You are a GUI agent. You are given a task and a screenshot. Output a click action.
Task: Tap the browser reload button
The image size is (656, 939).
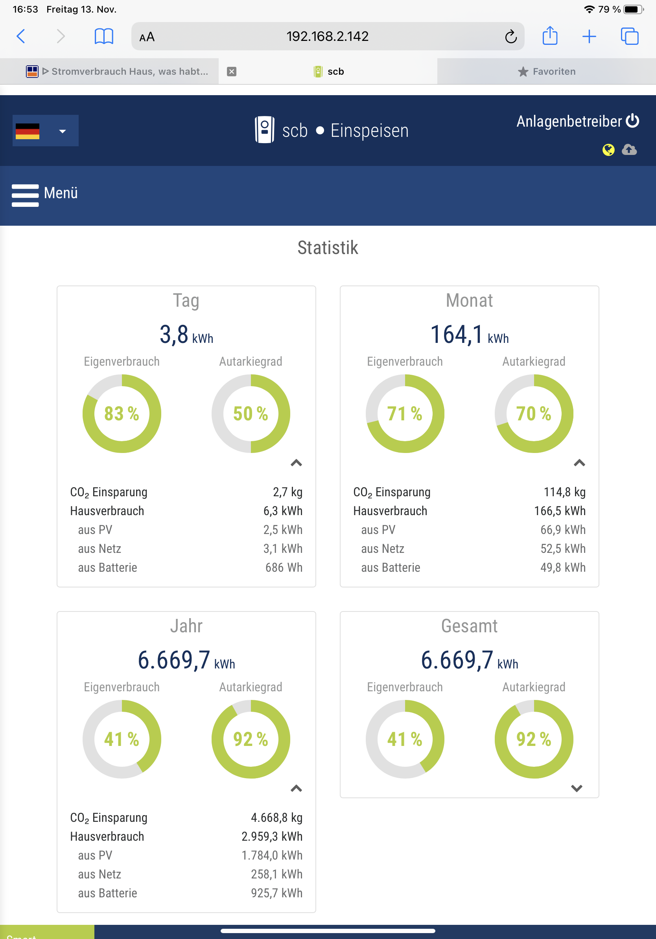510,37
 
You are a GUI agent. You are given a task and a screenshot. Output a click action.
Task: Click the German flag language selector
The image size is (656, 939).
45,131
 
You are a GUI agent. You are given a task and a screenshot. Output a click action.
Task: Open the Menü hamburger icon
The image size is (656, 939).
25,195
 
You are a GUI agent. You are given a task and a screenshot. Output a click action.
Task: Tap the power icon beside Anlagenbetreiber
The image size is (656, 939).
633,121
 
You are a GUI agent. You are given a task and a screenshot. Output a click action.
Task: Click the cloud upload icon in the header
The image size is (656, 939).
629,150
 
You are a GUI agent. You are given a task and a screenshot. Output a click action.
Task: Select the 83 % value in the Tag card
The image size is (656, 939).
122,414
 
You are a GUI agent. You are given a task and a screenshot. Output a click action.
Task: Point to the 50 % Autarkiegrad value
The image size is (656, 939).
250,414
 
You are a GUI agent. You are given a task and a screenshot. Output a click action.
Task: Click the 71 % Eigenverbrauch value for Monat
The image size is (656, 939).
404,414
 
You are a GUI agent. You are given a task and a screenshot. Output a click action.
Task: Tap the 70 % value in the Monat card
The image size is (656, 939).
533,414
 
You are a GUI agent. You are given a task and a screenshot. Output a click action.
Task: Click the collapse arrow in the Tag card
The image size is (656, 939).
296,463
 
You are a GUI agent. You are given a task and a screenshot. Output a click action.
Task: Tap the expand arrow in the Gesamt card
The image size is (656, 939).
577,788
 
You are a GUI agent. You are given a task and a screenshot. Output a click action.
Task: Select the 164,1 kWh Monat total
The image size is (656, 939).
469,335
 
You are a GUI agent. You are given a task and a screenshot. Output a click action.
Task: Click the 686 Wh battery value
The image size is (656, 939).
284,568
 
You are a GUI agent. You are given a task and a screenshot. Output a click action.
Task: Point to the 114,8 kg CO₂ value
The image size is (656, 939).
564,492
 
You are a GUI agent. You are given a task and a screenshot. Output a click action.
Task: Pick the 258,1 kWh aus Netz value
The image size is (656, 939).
276,875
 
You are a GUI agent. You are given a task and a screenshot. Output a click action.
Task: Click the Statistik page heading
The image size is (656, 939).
328,248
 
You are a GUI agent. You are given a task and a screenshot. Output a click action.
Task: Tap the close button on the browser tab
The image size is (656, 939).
232,72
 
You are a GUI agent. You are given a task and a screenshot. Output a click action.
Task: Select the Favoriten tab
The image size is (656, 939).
546,72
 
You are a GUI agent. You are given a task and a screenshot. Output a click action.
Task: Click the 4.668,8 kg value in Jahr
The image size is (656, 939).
276,817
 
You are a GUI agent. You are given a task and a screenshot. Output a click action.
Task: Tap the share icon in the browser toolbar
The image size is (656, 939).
550,36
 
